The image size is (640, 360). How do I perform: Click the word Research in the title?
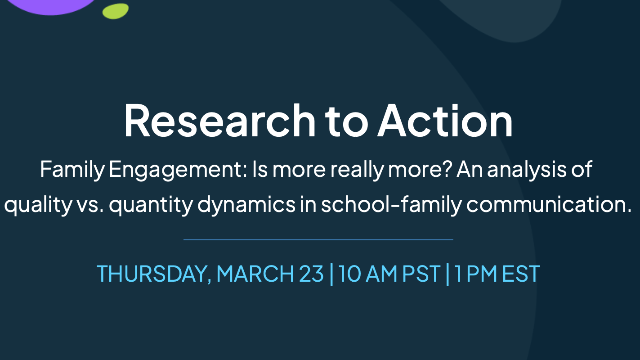coord(220,121)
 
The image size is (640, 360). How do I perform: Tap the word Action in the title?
coord(445,121)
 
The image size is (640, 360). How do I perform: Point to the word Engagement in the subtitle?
coord(178,170)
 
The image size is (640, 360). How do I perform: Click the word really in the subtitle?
coord(357,170)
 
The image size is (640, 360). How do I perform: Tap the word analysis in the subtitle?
coord(526,170)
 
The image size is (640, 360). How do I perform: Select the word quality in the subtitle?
coord(38,205)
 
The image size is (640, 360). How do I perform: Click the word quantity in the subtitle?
coord(151,205)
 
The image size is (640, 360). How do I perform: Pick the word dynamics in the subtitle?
coord(246,205)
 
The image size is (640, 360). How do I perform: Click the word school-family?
coord(391,205)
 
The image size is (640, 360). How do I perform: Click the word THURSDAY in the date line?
coord(154,274)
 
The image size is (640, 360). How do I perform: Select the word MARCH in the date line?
coord(255,274)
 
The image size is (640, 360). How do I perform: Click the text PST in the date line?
coord(421,274)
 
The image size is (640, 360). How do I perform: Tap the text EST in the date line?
coord(520,274)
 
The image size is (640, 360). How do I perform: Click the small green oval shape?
coord(116,11)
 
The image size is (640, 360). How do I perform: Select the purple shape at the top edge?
coord(51,6)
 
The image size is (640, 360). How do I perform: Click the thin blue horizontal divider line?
coord(318,239)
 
